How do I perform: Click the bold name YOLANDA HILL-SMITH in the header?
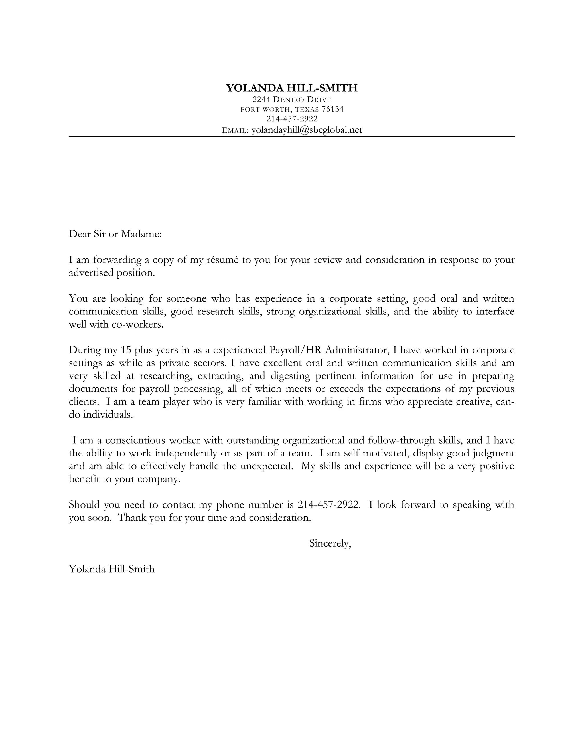pos(292,88)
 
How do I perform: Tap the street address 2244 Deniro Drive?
pos(292,100)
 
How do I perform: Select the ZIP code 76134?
pos(332,109)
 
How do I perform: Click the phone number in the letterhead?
pos(292,119)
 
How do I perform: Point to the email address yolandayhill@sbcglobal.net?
pos(307,130)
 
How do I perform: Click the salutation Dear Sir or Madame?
pos(115,234)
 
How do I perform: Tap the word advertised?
pos(91,273)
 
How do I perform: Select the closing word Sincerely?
pos(330,543)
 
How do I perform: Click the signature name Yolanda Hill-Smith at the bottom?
pos(111,569)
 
